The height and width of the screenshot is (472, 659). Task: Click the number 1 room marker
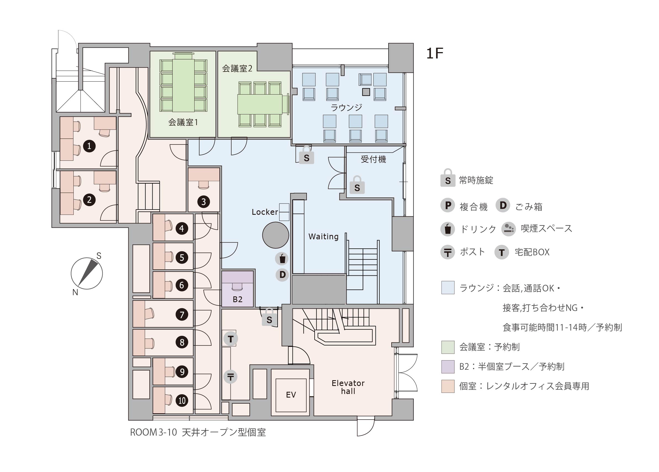coord(89,146)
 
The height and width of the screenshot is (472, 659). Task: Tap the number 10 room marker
coord(182,401)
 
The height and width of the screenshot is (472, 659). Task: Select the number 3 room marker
coord(203,202)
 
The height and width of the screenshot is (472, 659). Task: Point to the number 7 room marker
coord(182,314)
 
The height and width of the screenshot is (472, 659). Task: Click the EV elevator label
coord(291,395)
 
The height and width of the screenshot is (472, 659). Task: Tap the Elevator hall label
coord(348,387)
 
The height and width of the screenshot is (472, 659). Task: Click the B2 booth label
coord(237,299)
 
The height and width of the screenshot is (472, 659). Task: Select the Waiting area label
coord(323,237)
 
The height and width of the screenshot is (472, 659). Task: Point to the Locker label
coord(265,212)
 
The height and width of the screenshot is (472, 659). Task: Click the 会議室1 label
coord(183,122)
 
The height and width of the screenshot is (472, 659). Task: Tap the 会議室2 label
coord(237,68)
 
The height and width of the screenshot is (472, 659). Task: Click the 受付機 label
coord(373,159)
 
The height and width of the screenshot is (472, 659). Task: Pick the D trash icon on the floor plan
coord(282,275)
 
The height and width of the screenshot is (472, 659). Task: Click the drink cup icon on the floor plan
coord(282,259)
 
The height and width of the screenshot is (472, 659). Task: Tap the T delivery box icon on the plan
coord(231,339)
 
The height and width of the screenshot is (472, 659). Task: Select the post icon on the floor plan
coord(230,377)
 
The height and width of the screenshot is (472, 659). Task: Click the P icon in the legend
coord(448,205)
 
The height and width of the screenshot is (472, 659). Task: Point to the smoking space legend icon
coord(509,229)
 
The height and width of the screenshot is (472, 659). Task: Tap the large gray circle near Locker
coord(275,235)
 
